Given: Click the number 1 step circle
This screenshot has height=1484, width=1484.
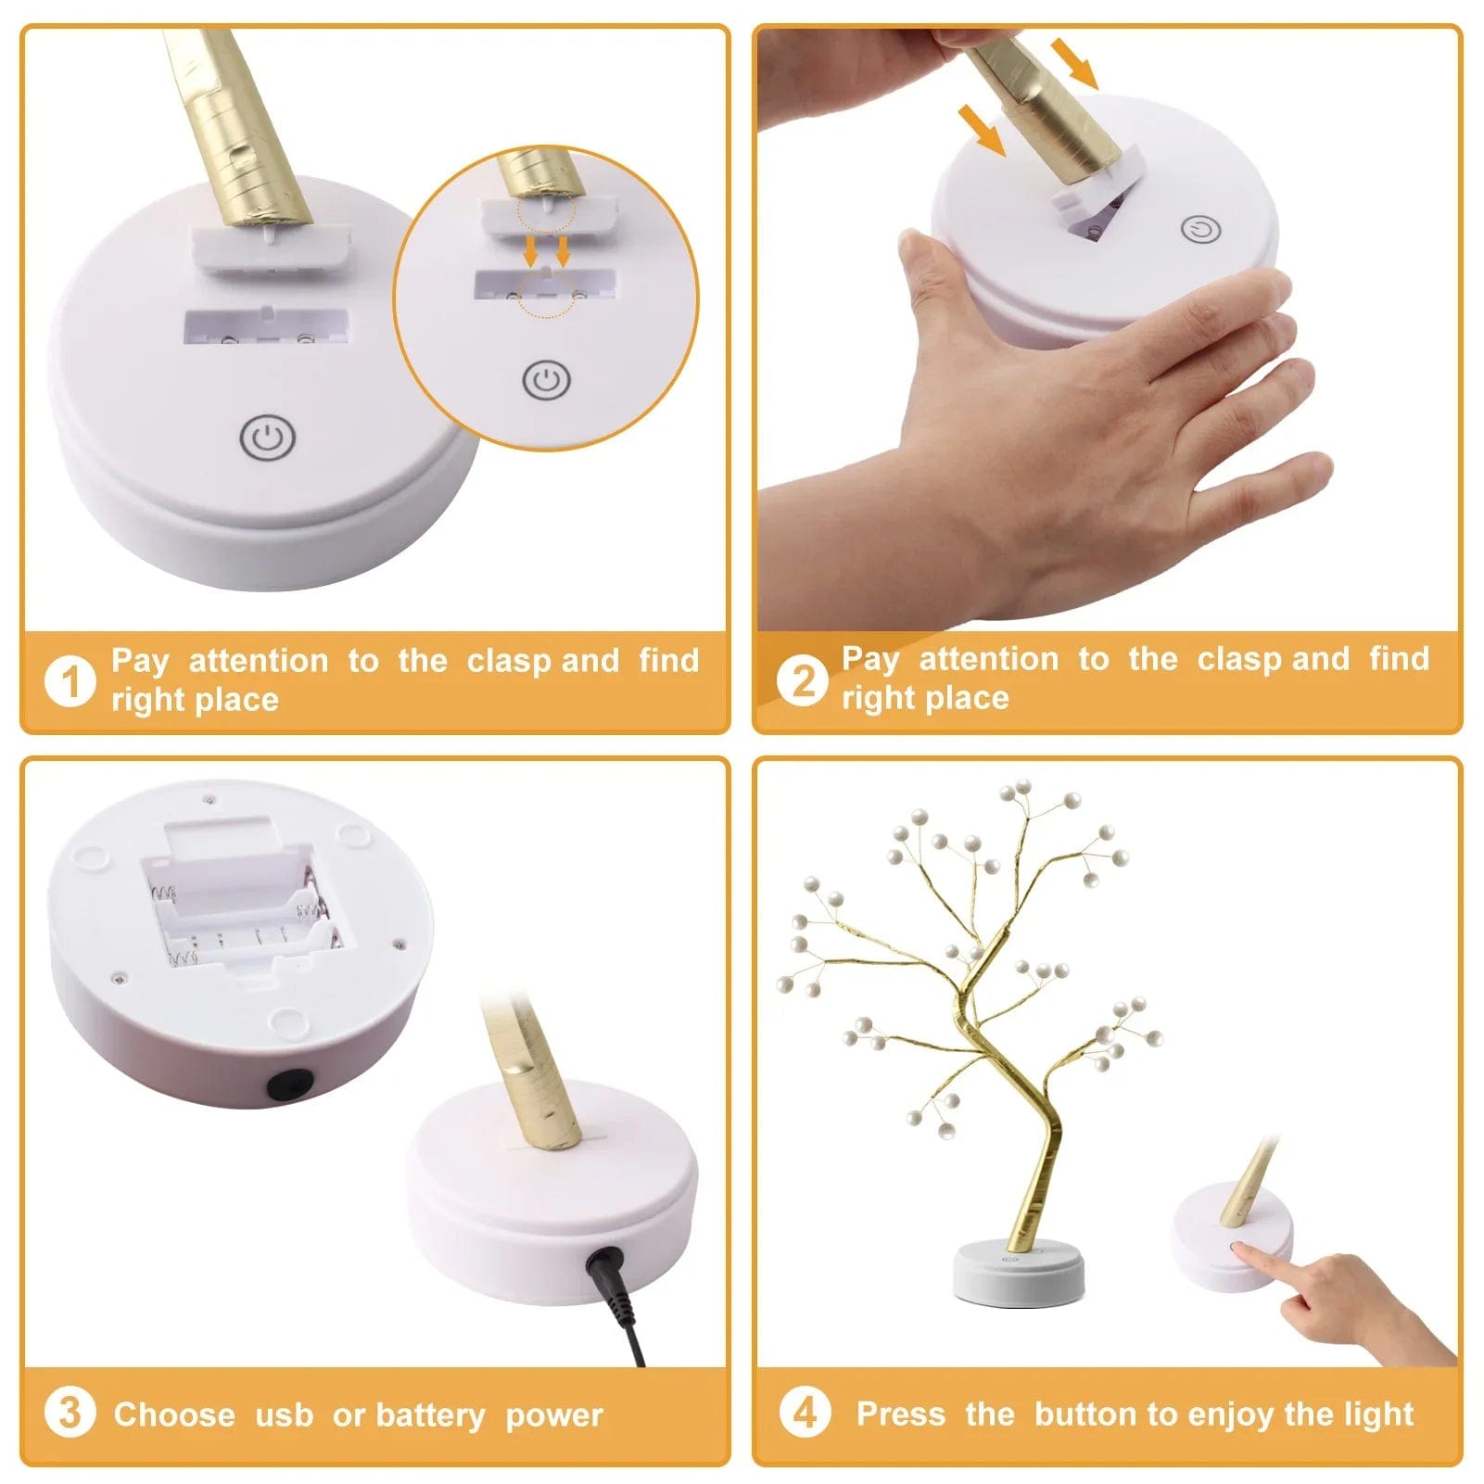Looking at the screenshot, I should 70,681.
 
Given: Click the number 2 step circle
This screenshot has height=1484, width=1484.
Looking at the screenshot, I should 802,681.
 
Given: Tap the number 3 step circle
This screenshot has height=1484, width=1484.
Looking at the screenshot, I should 70,1414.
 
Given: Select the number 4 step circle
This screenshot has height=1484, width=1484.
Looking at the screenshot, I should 805,1413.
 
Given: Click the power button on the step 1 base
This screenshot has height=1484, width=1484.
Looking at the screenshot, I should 267,438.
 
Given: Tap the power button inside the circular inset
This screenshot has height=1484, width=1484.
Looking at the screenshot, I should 546,380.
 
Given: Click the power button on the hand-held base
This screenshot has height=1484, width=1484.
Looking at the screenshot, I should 1201,229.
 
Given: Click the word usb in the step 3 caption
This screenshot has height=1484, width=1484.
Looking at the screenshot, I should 284,1415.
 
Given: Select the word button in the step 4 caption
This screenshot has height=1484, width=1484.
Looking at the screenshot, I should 1087,1414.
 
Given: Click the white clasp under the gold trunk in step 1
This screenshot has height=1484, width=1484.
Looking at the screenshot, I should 271,247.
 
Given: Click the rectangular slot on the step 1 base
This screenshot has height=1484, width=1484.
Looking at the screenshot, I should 266,327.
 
